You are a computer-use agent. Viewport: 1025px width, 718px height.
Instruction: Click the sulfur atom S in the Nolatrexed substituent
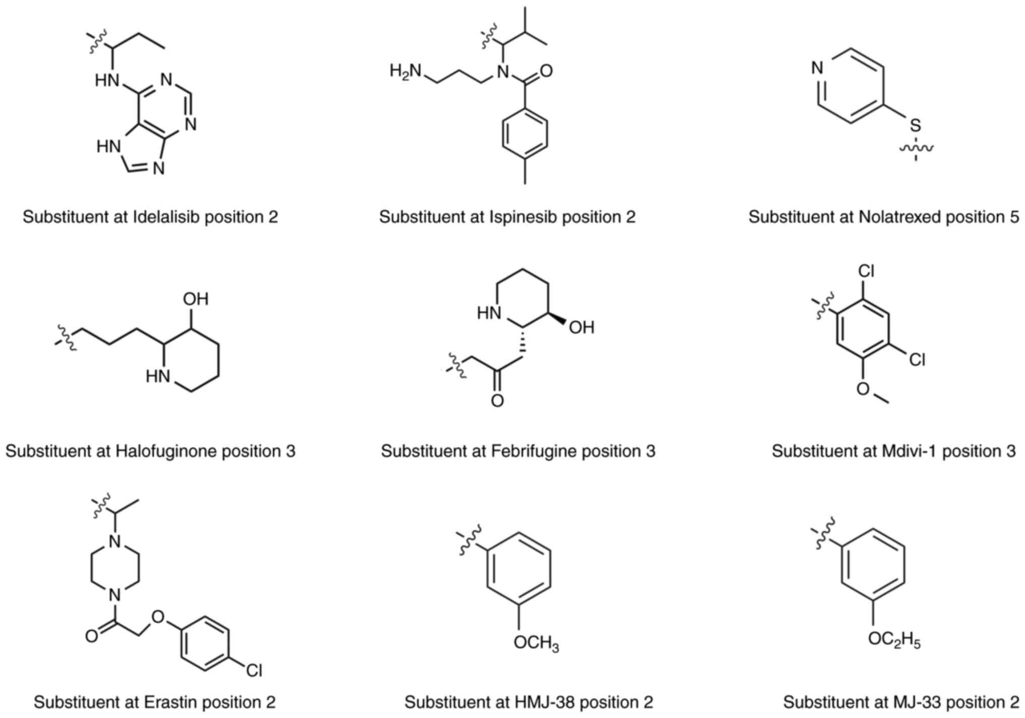click(915, 126)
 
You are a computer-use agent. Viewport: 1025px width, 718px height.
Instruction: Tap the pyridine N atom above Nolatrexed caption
click(818, 68)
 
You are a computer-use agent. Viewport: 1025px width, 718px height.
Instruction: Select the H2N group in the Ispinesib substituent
click(406, 72)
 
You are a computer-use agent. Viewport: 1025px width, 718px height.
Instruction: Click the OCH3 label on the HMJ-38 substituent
click(536, 643)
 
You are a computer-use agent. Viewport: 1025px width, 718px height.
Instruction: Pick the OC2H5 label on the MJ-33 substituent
click(894, 640)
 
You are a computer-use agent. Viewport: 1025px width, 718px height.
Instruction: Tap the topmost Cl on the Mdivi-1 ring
click(866, 271)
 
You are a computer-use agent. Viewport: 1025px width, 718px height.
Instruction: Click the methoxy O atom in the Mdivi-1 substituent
click(864, 389)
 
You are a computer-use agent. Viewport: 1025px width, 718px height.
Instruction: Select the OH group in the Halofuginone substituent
click(196, 299)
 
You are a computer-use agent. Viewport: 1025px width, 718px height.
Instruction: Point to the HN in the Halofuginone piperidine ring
click(158, 377)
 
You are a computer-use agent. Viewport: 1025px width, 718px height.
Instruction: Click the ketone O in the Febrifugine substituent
click(497, 401)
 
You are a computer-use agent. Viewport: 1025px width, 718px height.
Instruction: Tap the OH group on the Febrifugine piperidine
click(582, 328)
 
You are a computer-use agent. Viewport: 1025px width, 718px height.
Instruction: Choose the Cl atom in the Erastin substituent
click(254, 671)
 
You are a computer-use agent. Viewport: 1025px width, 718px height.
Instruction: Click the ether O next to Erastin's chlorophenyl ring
click(158, 617)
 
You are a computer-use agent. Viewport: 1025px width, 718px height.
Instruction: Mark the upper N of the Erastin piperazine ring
click(116, 542)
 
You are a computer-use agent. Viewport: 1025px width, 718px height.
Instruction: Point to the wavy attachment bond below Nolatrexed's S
click(916, 149)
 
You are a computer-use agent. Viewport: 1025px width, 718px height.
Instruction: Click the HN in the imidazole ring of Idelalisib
click(109, 147)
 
